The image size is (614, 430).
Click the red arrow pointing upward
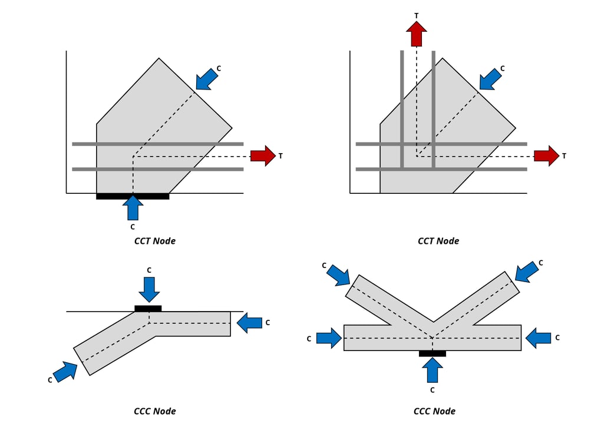[417, 34]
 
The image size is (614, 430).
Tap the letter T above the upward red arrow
[417, 16]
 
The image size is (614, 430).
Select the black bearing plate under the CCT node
[133, 196]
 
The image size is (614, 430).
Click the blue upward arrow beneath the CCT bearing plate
[134, 208]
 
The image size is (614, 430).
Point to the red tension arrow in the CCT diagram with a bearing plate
[263, 156]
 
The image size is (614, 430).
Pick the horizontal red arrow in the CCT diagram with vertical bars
[546, 156]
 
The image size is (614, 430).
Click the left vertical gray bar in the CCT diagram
[402, 110]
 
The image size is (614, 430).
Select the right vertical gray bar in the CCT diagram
[433, 110]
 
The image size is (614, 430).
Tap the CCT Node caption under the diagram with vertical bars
[438, 241]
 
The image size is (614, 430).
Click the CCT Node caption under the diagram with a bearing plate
[154, 241]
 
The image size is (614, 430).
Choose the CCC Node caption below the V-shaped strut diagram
[434, 411]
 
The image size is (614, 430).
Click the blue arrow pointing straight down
[149, 289]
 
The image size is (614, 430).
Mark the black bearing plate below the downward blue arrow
[148, 308]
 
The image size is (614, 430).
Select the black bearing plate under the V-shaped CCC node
[432, 353]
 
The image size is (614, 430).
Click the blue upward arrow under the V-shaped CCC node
[433, 370]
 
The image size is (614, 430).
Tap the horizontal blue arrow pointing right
[329, 338]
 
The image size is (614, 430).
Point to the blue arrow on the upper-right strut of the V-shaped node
[527, 270]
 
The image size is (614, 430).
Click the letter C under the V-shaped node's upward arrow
[432, 390]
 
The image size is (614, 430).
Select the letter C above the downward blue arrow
[149, 270]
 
